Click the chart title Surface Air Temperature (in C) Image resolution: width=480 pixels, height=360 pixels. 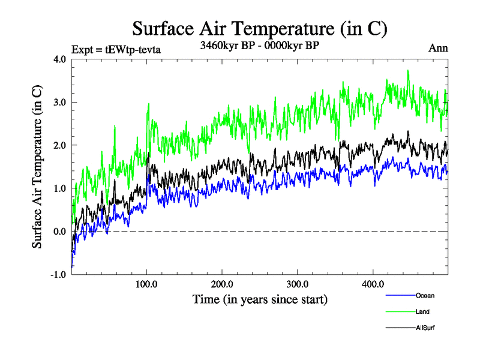pyautogui.click(x=259, y=29)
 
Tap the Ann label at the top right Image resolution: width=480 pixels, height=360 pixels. pyautogui.click(x=437, y=49)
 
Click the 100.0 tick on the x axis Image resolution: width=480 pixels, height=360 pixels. pyautogui.click(x=147, y=284)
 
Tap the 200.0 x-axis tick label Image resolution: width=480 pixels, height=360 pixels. pyautogui.click(x=223, y=284)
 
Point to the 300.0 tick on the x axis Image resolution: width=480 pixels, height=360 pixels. pyautogui.click(x=298, y=284)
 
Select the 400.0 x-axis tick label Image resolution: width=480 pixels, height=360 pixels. pyautogui.click(x=373, y=284)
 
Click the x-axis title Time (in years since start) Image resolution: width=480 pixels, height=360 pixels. pyautogui.click(x=260, y=299)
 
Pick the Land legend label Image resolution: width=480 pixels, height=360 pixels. pyautogui.click(x=422, y=311)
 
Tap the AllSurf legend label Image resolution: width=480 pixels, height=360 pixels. pyautogui.click(x=425, y=328)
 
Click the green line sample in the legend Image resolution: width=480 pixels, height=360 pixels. pyautogui.click(x=400, y=311)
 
